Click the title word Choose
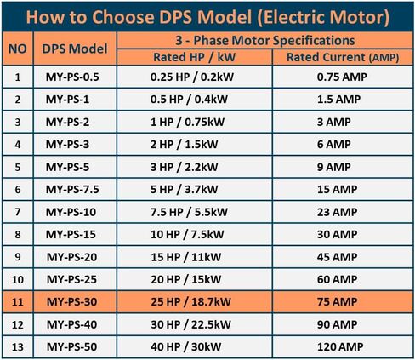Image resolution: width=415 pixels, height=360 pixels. coord(124,17)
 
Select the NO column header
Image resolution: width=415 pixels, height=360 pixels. coord(18,49)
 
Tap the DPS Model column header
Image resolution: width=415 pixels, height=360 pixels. coord(75,49)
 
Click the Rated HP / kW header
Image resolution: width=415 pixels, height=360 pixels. coord(195,57)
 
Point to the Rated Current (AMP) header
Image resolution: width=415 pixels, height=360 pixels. coord(343,57)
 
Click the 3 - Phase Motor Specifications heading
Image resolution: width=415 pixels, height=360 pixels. coord(265,40)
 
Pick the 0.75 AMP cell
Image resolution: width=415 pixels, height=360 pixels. coord(342,77)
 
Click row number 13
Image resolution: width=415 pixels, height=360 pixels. coord(18,346)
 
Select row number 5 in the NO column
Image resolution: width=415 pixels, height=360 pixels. coord(18,167)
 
